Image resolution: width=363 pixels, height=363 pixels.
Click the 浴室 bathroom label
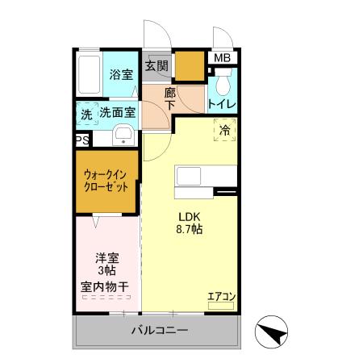(120, 75)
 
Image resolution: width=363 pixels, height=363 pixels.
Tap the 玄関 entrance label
(156, 66)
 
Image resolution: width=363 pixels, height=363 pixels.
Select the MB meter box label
(221, 57)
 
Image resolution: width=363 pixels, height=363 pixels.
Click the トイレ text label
(221, 104)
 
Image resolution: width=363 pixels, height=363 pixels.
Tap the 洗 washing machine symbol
(86, 115)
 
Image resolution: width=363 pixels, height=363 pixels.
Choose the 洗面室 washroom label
(118, 114)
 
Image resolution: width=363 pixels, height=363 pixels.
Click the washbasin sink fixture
(123, 136)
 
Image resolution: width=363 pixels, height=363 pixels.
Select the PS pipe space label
(81, 140)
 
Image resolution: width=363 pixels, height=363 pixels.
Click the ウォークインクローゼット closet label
(107, 180)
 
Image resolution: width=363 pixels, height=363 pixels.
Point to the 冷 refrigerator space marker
(225, 128)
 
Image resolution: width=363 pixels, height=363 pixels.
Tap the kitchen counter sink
(192, 177)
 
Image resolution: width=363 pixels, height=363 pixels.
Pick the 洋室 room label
(107, 258)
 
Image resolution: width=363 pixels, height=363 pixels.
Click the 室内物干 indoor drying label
(107, 286)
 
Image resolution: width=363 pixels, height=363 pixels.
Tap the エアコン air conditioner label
(220, 296)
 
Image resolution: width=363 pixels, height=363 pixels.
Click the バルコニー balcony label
(160, 331)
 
